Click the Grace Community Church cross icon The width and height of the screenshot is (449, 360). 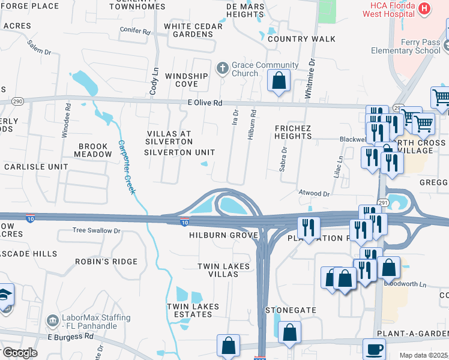(x=222, y=67)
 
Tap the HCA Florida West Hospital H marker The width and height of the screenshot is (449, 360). (x=424, y=8)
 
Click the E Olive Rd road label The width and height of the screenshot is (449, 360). (x=204, y=103)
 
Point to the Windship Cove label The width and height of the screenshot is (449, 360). (x=186, y=80)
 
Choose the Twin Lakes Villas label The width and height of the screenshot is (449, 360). (x=218, y=270)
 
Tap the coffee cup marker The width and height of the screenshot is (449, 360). (x=375, y=348)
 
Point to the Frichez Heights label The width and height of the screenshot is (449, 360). (x=293, y=132)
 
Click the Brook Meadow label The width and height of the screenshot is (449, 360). (x=93, y=150)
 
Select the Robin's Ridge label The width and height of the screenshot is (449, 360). (x=98, y=262)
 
